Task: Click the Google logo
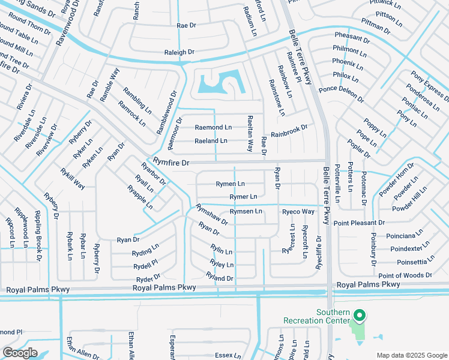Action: [x=19, y=353]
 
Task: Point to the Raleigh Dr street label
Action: [x=179, y=53]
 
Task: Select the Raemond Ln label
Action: [x=213, y=128]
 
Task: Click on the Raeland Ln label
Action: [x=211, y=141]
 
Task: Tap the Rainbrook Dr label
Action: [x=289, y=130]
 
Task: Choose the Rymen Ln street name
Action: [x=230, y=184]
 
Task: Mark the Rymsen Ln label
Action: [x=246, y=211]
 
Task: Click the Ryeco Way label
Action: [x=298, y=212]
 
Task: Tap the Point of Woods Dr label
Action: [x=405, y=275]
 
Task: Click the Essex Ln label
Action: [x=228, y=355]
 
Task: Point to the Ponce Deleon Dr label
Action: [x=341, y=94]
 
